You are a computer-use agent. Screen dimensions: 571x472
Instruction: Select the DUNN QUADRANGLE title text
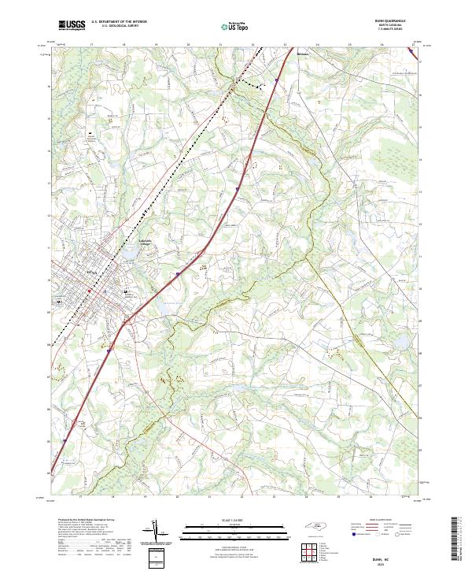[x=396, y=21]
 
